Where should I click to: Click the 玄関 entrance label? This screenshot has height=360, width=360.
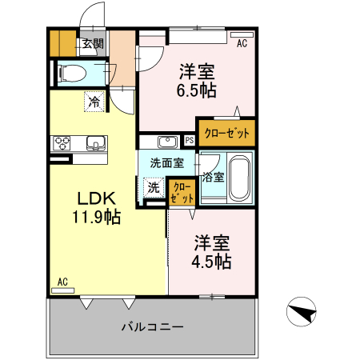93,45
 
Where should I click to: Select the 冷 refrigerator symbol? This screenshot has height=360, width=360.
95,102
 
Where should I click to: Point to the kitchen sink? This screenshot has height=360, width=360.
95,145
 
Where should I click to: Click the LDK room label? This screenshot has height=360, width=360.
98,198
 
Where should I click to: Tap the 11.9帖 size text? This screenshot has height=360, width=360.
98,218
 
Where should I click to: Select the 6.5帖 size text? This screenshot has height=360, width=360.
196,90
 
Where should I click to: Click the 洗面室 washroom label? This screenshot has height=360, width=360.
166,162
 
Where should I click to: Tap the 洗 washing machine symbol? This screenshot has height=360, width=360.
153,188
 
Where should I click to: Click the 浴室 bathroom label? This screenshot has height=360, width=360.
213,177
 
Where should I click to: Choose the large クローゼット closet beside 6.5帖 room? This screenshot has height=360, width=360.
227,133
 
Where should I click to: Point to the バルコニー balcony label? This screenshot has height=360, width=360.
154,326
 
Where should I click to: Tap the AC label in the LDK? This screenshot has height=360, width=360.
62,282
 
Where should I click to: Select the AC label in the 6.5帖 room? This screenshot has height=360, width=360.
242,45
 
